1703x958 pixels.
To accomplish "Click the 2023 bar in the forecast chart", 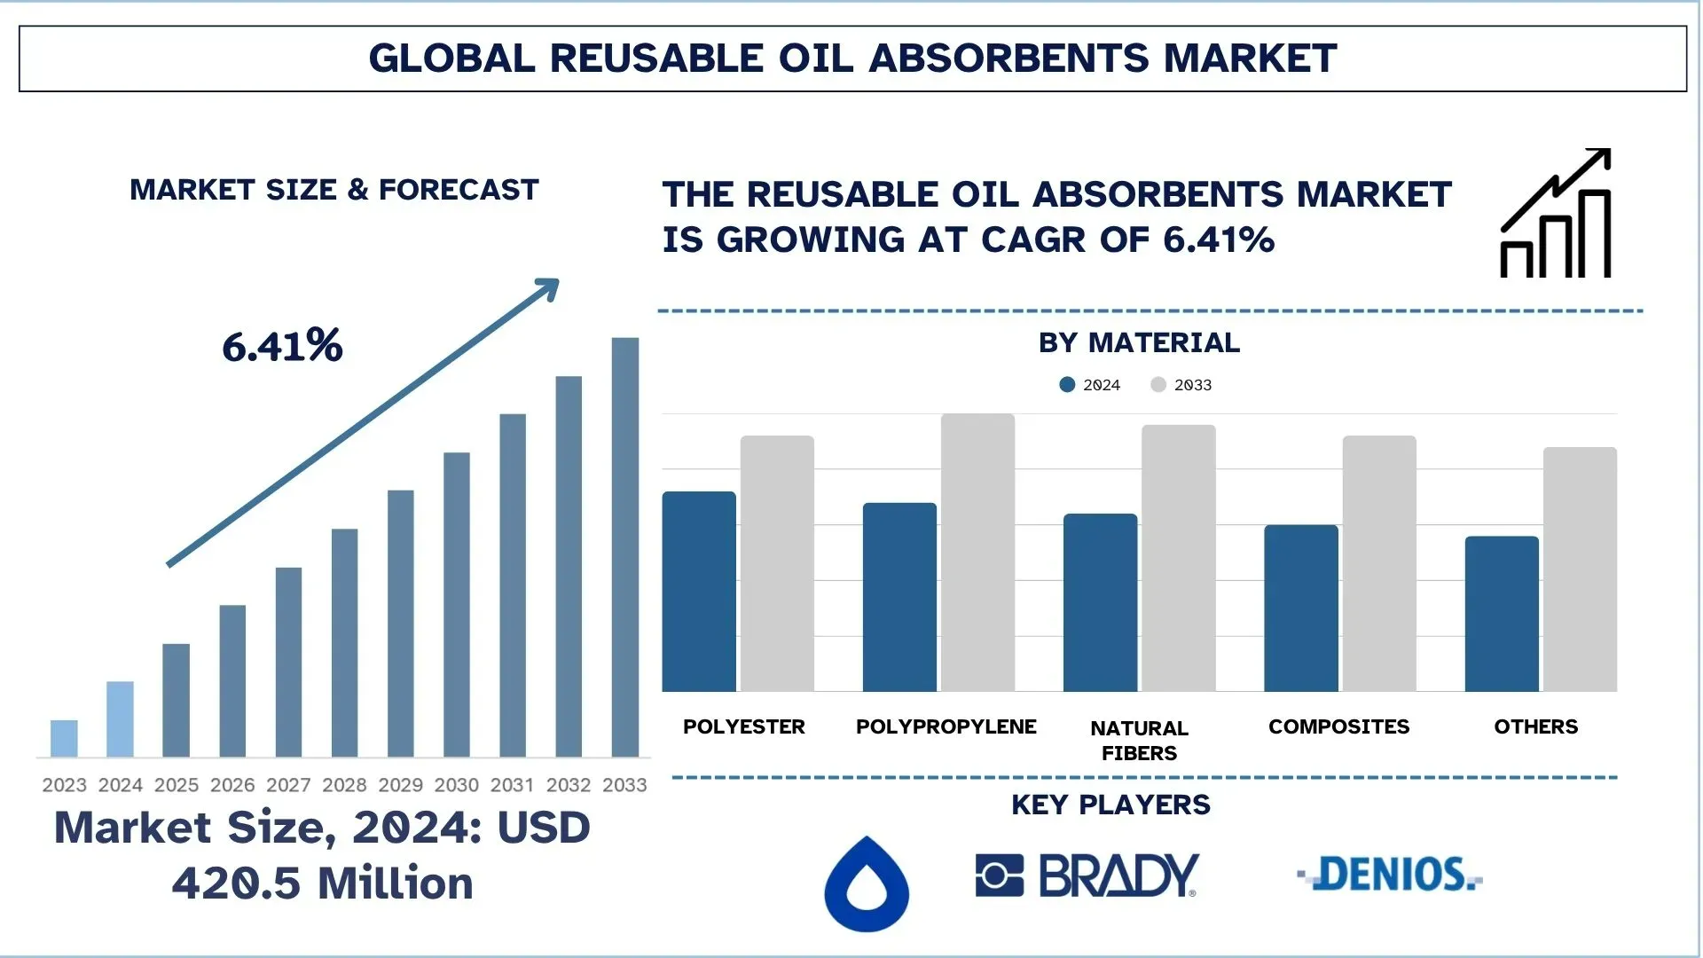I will click(64, 738).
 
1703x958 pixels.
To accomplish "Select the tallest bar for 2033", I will click(624, 546).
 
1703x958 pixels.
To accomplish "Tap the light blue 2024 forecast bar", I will click(120, 718).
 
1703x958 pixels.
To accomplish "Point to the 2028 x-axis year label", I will click(344, 785).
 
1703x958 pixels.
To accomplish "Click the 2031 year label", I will click(512, 785).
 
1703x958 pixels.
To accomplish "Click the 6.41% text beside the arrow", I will click(282, 346).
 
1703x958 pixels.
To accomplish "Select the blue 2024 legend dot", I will click(1067, 384).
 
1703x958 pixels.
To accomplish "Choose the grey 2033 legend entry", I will click(1181, 384).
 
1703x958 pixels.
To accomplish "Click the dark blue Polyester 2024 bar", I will click(699, 591).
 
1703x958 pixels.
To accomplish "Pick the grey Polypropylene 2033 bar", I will click(977, 552).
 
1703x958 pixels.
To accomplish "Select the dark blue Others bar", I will click(1502, 614).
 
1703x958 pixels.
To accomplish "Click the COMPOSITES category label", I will click(1338, 726).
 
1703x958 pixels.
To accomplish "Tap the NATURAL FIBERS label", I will click(1139, 740).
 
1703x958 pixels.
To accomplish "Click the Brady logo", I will click(1087, 876).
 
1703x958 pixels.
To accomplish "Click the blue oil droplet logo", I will click(867, 884).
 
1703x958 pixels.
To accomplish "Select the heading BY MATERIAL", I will click(1139, 342).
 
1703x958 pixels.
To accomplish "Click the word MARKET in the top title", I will click(1250, 59).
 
